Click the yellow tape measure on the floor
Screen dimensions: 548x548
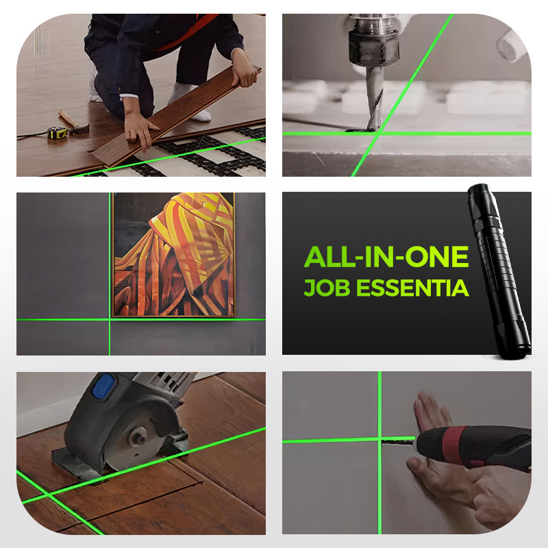57,133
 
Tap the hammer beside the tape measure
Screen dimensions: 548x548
73,123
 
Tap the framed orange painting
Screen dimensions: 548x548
173,255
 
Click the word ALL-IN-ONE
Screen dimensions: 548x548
386,257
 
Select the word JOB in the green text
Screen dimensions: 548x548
327,287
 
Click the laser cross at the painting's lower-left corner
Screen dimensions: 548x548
110,319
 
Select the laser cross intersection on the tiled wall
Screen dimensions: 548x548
379,439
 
